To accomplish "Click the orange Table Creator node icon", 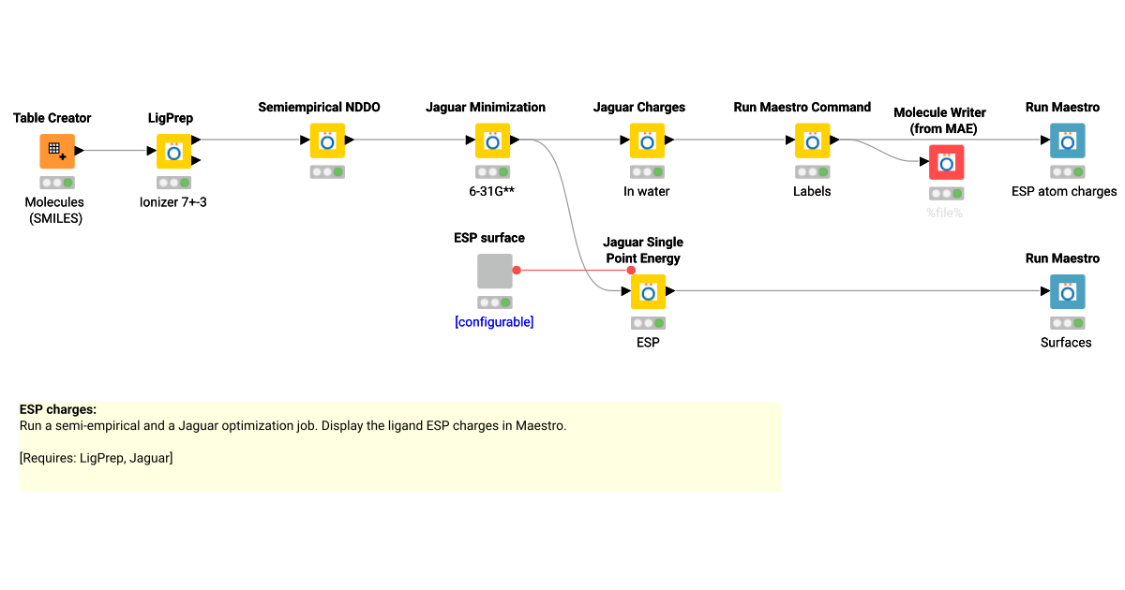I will pyautogui.click(x=56, y=151).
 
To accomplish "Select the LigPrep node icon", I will pyautogui.click(x=173, y=151).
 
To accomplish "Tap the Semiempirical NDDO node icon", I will pyautogui.click(x=327, y=140).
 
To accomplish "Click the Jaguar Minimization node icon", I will pyautogui.click(x=492, y=140).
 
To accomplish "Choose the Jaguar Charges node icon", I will pyautogui.click(x=647, y=140).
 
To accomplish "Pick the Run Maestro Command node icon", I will pyautogui.click(x=812, y=140).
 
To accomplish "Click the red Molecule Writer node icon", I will pyautogui.click(x=946, y=162).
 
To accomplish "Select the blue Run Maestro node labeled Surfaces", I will pyautogui.click(x=1067, y=291).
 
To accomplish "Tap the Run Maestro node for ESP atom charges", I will pyautogui.click(x=1067, y=140).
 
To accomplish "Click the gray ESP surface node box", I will pyautogui.click(x=494, y=271).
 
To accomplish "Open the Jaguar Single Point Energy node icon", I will pyautogui.click(x=647, y=291).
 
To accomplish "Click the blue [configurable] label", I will pyautogui.click(x=494, y=322).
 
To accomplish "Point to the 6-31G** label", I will pyautogui.click(x=492, y=191).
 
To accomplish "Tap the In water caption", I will pyautogui.click(x=647, y=191).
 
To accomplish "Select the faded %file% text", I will pyautogui.click(x=945, y=213).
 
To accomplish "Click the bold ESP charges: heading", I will pyautogui.click(x=58, y=409).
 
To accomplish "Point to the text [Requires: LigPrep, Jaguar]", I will pyautogui.click(x=96, y=457).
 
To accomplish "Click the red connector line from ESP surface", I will pyautogui.click(x=573, y=270).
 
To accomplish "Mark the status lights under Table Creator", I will pyautogui.click(x=56, y=183).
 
